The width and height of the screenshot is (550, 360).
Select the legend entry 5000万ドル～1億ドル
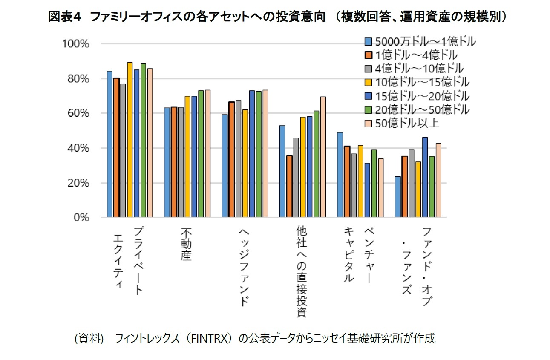420,41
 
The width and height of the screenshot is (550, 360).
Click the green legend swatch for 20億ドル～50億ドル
369,109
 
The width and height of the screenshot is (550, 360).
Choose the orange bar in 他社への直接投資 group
289,186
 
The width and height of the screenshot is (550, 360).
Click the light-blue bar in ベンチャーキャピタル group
340,175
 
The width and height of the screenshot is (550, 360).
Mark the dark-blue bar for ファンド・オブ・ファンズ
425,177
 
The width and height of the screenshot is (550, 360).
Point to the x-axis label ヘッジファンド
243,266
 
